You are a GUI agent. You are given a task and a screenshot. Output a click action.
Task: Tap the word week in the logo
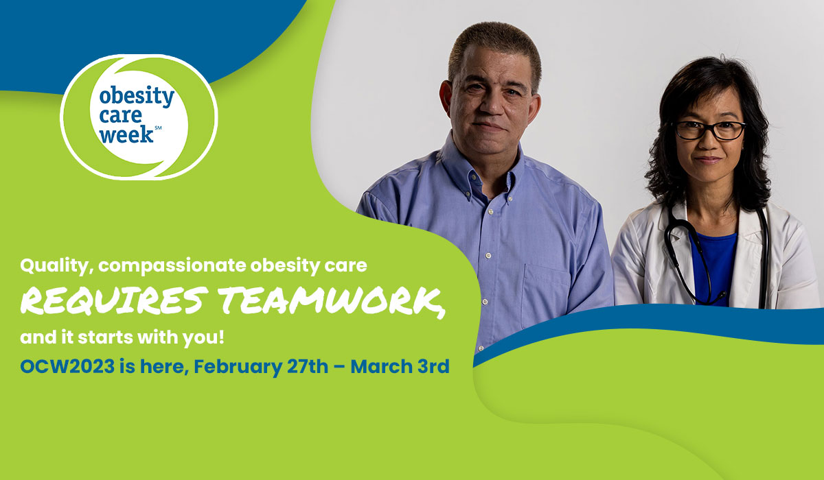coord(126,134)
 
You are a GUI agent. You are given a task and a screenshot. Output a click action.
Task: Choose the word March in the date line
coord(381,367)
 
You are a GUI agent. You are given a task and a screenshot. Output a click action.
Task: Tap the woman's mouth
coord(708,160)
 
